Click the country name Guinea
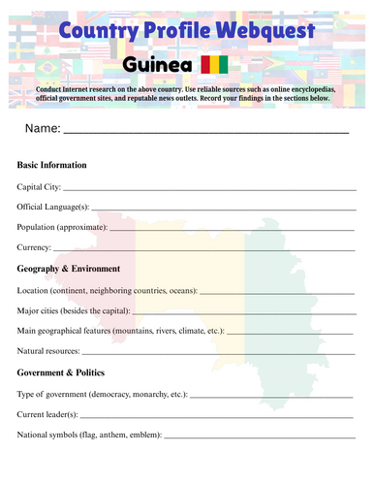point(156,65)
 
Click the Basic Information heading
point(52,165)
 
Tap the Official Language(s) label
point(53,206)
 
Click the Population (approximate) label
point(61,227)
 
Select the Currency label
point(35,247)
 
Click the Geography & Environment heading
point(69,269)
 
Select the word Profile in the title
point(176,31)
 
